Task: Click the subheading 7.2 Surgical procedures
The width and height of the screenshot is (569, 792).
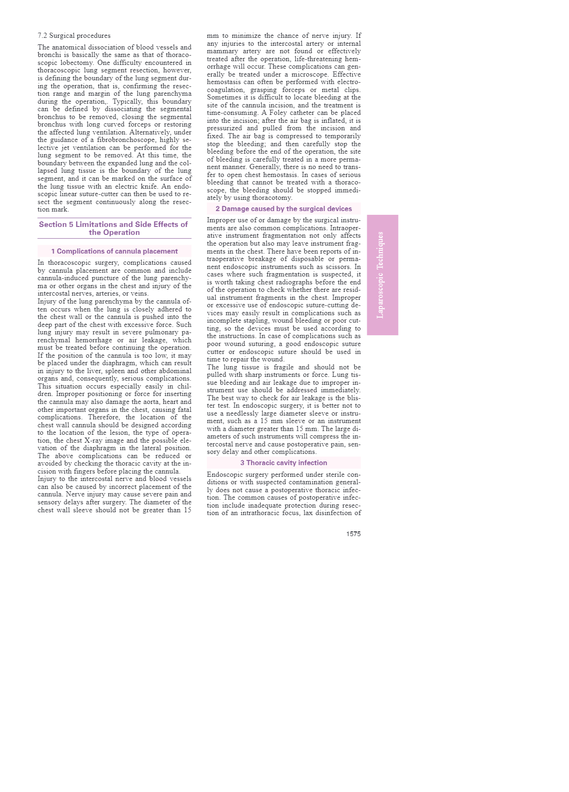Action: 74,35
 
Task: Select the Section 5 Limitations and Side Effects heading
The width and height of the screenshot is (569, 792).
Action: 114,228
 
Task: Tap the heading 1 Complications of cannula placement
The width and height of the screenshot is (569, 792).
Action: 114,251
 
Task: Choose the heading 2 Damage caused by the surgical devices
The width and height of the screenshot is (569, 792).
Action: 284,209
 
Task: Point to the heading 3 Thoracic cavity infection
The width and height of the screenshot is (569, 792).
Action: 284,463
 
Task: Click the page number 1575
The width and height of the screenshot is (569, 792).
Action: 353,534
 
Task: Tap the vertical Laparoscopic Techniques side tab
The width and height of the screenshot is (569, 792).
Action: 382,275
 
